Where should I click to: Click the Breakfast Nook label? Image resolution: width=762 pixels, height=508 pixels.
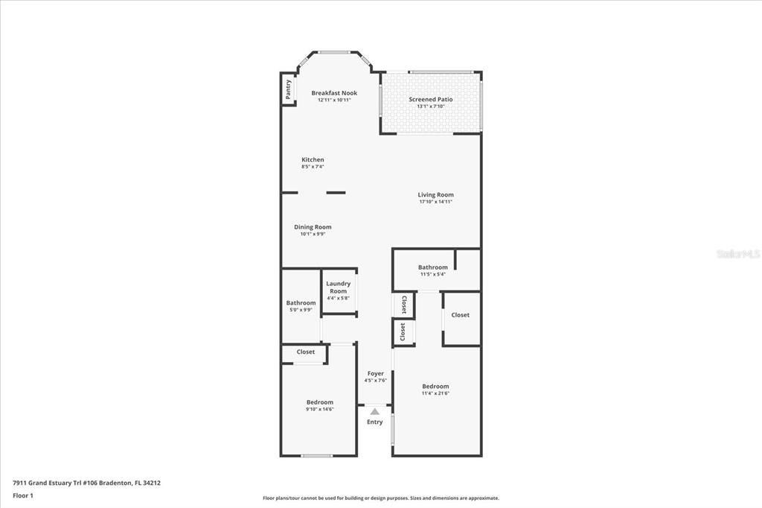point(334,93)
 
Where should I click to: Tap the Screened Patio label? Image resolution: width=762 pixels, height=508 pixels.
point(430,99)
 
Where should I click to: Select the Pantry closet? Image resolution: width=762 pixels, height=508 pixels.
point(288,89)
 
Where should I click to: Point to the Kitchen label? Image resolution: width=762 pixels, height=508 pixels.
point(313,160)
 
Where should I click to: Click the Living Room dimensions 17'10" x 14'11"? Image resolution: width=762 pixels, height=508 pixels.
point(435,202)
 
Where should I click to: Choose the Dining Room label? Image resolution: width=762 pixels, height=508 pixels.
point(313,227)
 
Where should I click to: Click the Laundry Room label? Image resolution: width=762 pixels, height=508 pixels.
point(339,288)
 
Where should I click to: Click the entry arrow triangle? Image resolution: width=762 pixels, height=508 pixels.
point(375,411)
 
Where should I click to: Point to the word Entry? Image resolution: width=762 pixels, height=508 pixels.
point(375,422)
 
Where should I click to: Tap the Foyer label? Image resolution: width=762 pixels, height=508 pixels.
point(375,374)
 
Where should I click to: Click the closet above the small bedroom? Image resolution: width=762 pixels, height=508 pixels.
point(305,352)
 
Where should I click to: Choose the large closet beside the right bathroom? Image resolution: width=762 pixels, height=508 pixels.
point(461,315)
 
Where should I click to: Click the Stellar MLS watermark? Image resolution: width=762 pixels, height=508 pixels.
point(737,254)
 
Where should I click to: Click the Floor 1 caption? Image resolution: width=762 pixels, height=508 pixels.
point(23,495)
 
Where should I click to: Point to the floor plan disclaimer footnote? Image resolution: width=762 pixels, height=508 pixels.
point(380,498)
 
